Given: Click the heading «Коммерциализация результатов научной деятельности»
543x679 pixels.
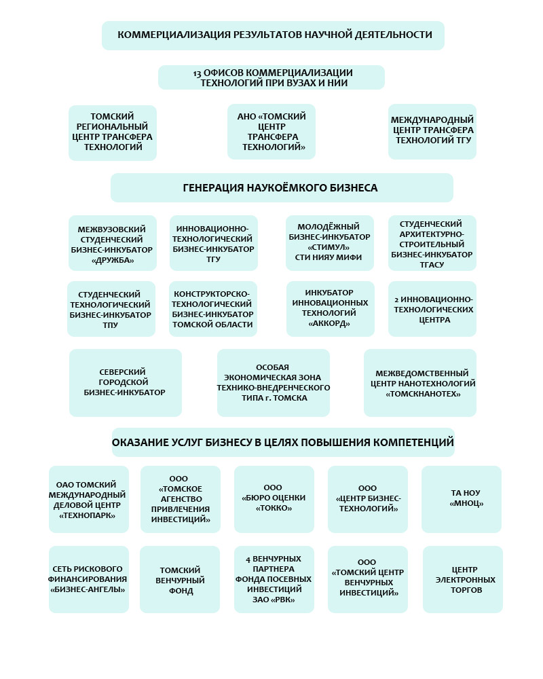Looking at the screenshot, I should [x=273, y=35].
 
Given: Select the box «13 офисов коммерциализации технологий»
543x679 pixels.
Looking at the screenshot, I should [x=271, y=77].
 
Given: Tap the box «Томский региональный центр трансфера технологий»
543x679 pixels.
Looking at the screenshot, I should [x=113, y=132].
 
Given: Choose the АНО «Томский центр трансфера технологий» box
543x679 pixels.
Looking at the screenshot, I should [x=271, y=132].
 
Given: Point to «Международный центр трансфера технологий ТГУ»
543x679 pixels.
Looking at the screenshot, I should [x=432, y=131].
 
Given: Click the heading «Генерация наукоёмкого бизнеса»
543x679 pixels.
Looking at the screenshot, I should [x=281, y=187].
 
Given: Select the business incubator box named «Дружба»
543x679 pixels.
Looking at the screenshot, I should [x=113, y=243].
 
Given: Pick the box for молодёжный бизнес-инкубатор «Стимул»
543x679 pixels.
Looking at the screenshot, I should [x=330, y=243].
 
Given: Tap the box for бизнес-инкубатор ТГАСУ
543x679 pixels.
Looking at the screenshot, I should [x=432, y=243].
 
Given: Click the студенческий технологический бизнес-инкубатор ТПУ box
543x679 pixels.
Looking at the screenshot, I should [x=111, y=309].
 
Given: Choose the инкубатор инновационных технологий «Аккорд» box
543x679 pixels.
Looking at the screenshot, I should [x=331, y=309].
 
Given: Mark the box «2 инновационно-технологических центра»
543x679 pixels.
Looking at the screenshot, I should [x=432, y=309].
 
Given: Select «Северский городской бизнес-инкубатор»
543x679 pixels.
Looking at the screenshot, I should [x=126, y=382].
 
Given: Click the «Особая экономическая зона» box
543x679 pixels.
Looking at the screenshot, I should [x=274, y=382].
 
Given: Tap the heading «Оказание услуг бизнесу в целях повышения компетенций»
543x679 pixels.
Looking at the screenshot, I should [x=283, y=443].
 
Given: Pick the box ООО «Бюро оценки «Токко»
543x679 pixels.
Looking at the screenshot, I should [x=274, y=499].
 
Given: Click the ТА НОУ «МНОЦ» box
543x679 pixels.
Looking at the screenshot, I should [x=462, y=499].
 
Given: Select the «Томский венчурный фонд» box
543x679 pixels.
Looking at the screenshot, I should [x=180, y=580].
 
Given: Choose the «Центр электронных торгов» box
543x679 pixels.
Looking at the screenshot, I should [x=463, y=580].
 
